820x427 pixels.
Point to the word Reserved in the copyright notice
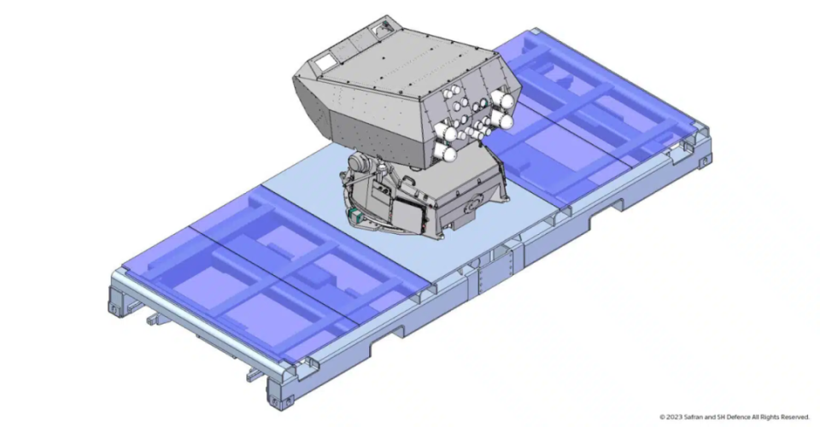pyautogui.click(x=795, y=417)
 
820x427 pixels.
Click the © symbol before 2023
pyautogui.click(x=662, y=417)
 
